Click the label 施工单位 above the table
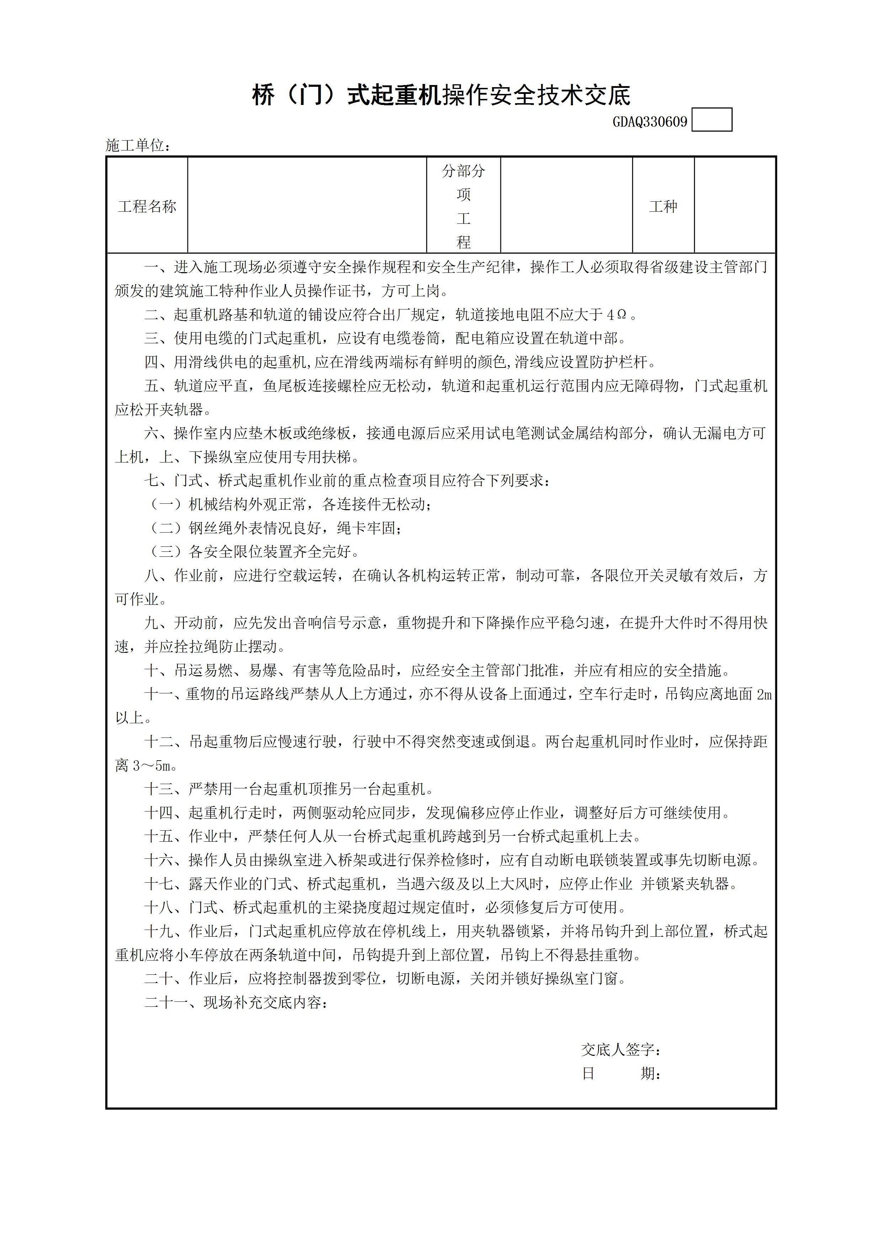click(x=138, y=146)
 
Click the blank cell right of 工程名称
click(x=307, y=206)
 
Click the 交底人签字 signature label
click(x=621, y=1049)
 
